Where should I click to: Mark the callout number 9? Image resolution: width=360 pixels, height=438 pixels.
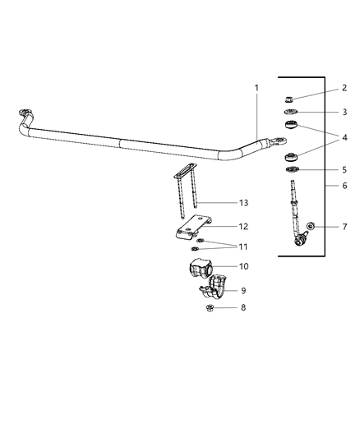[242, 289]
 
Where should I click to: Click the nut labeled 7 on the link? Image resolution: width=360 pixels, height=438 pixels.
[309, 227]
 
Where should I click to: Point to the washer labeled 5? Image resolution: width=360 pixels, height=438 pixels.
[292, 170]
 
